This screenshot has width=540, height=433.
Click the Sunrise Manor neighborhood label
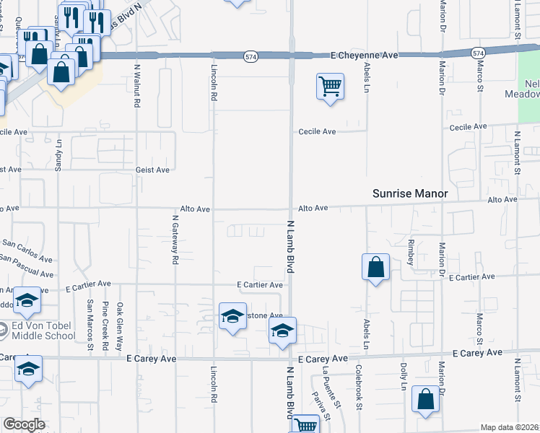411,193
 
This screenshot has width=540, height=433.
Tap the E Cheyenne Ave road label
365,55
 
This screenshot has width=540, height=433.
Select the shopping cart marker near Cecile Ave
330,87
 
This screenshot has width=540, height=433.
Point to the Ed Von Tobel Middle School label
43,331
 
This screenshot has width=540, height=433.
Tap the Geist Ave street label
152,170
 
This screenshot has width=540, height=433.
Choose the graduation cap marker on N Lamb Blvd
282,331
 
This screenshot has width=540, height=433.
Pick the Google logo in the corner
24,424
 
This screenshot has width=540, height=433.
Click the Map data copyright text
509,427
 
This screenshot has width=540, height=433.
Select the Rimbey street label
411,252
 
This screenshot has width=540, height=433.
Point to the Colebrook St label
359,387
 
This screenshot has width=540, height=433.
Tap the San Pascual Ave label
27,265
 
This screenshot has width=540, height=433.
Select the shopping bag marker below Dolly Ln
426,399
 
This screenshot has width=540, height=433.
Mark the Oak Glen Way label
120,325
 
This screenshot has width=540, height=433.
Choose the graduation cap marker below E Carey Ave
29,369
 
